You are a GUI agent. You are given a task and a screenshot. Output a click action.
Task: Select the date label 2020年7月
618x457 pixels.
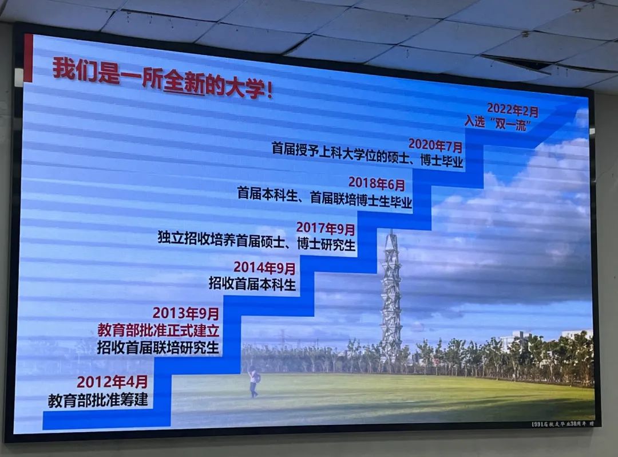435,145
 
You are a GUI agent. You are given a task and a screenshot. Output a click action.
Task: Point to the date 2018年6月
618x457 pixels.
377,183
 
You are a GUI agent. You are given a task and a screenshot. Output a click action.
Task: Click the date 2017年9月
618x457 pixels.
325,228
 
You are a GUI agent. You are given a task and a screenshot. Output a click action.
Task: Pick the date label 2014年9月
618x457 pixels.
264,268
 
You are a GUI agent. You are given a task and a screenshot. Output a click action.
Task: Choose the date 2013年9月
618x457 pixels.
185,313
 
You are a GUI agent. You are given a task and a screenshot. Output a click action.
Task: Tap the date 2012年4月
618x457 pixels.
112,381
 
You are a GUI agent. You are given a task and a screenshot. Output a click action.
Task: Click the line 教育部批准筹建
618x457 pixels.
98,400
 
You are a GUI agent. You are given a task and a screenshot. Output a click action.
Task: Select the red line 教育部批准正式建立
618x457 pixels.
159,330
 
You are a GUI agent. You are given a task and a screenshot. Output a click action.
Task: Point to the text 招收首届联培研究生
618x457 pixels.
158,348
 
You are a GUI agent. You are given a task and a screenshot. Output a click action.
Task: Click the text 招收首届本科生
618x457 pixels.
252,283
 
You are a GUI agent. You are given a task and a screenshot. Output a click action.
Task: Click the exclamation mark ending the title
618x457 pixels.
269,90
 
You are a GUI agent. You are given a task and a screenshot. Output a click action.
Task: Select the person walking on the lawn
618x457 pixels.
254,381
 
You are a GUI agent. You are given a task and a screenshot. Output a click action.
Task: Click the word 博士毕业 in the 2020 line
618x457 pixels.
441,161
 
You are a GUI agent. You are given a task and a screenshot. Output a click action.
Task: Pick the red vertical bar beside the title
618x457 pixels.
28,58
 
